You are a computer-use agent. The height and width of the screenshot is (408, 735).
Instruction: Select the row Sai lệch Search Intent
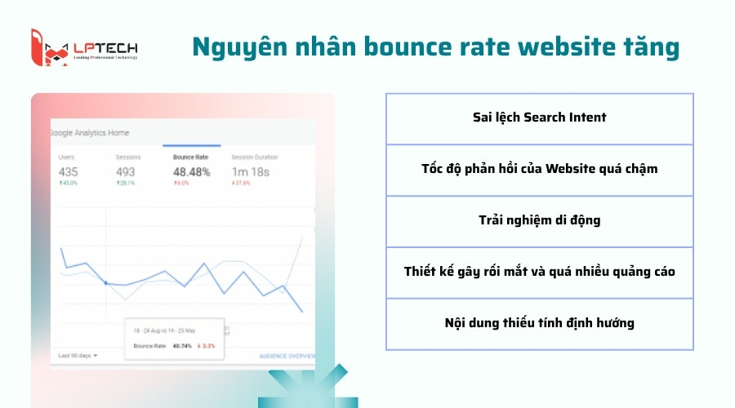[539, 118]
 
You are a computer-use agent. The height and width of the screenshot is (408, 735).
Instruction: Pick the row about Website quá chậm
[539, 169]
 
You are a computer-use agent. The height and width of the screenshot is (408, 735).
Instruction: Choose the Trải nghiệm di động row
[539, 220]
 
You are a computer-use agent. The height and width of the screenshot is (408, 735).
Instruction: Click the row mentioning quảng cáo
[539, 272]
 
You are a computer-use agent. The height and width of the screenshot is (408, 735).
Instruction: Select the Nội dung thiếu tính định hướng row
[539, 323]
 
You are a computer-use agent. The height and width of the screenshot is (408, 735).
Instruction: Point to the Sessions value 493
[126, 172]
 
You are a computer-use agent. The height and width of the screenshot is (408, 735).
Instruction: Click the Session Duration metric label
[254, 157]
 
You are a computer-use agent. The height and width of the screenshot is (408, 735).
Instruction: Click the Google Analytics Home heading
[90, 133]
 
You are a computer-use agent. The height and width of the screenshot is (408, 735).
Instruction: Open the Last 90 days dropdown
[78, 356]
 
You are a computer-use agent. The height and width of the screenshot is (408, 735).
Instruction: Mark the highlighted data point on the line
[105, 283]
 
